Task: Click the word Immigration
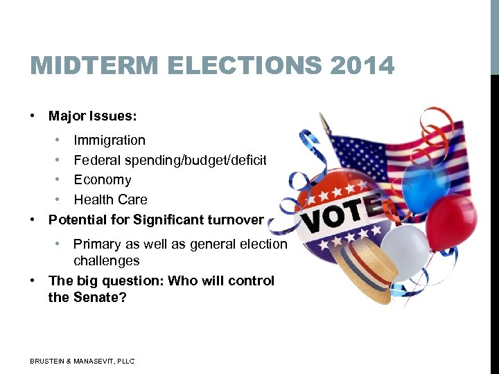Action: tap(110, 140)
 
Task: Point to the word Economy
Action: tap(102, 179)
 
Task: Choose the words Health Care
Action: tap(110, 199)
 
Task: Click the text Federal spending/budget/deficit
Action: tap(170, 160)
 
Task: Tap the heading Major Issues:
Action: tap(92, 116)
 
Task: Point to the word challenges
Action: tap(107, 260)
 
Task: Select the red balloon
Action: tap(451, 221)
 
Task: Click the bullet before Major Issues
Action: tap(33, 116)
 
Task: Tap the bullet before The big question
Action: tap(33, 280)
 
